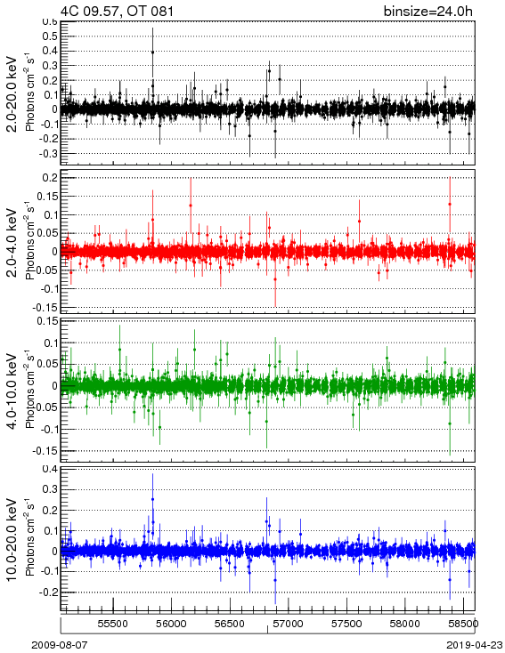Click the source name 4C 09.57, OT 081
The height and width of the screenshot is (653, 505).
point(117,11)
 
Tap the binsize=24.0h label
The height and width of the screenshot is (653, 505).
point(428,11)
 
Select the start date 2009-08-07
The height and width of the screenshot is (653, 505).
point(60,645)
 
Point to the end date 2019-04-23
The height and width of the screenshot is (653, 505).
point(475,645)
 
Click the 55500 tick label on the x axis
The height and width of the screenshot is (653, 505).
point(112,624)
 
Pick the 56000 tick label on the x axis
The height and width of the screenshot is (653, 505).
point(171,624)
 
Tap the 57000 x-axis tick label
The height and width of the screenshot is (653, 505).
point(288,624)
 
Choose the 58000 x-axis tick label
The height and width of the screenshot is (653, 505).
point(404,624)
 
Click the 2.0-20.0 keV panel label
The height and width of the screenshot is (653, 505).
point(12,93)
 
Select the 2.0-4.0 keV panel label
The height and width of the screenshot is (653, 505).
point(12,242)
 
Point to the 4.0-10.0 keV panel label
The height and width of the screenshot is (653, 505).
point(12,391)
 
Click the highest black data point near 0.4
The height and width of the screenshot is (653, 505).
point(152,52)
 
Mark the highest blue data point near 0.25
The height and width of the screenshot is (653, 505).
point(152,499)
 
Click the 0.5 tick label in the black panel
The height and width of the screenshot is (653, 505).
point(50,36)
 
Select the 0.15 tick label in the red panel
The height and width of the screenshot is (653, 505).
point(47,196)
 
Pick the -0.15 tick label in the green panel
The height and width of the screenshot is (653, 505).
point(45,450)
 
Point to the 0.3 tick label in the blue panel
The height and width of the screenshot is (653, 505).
point(50,489)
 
